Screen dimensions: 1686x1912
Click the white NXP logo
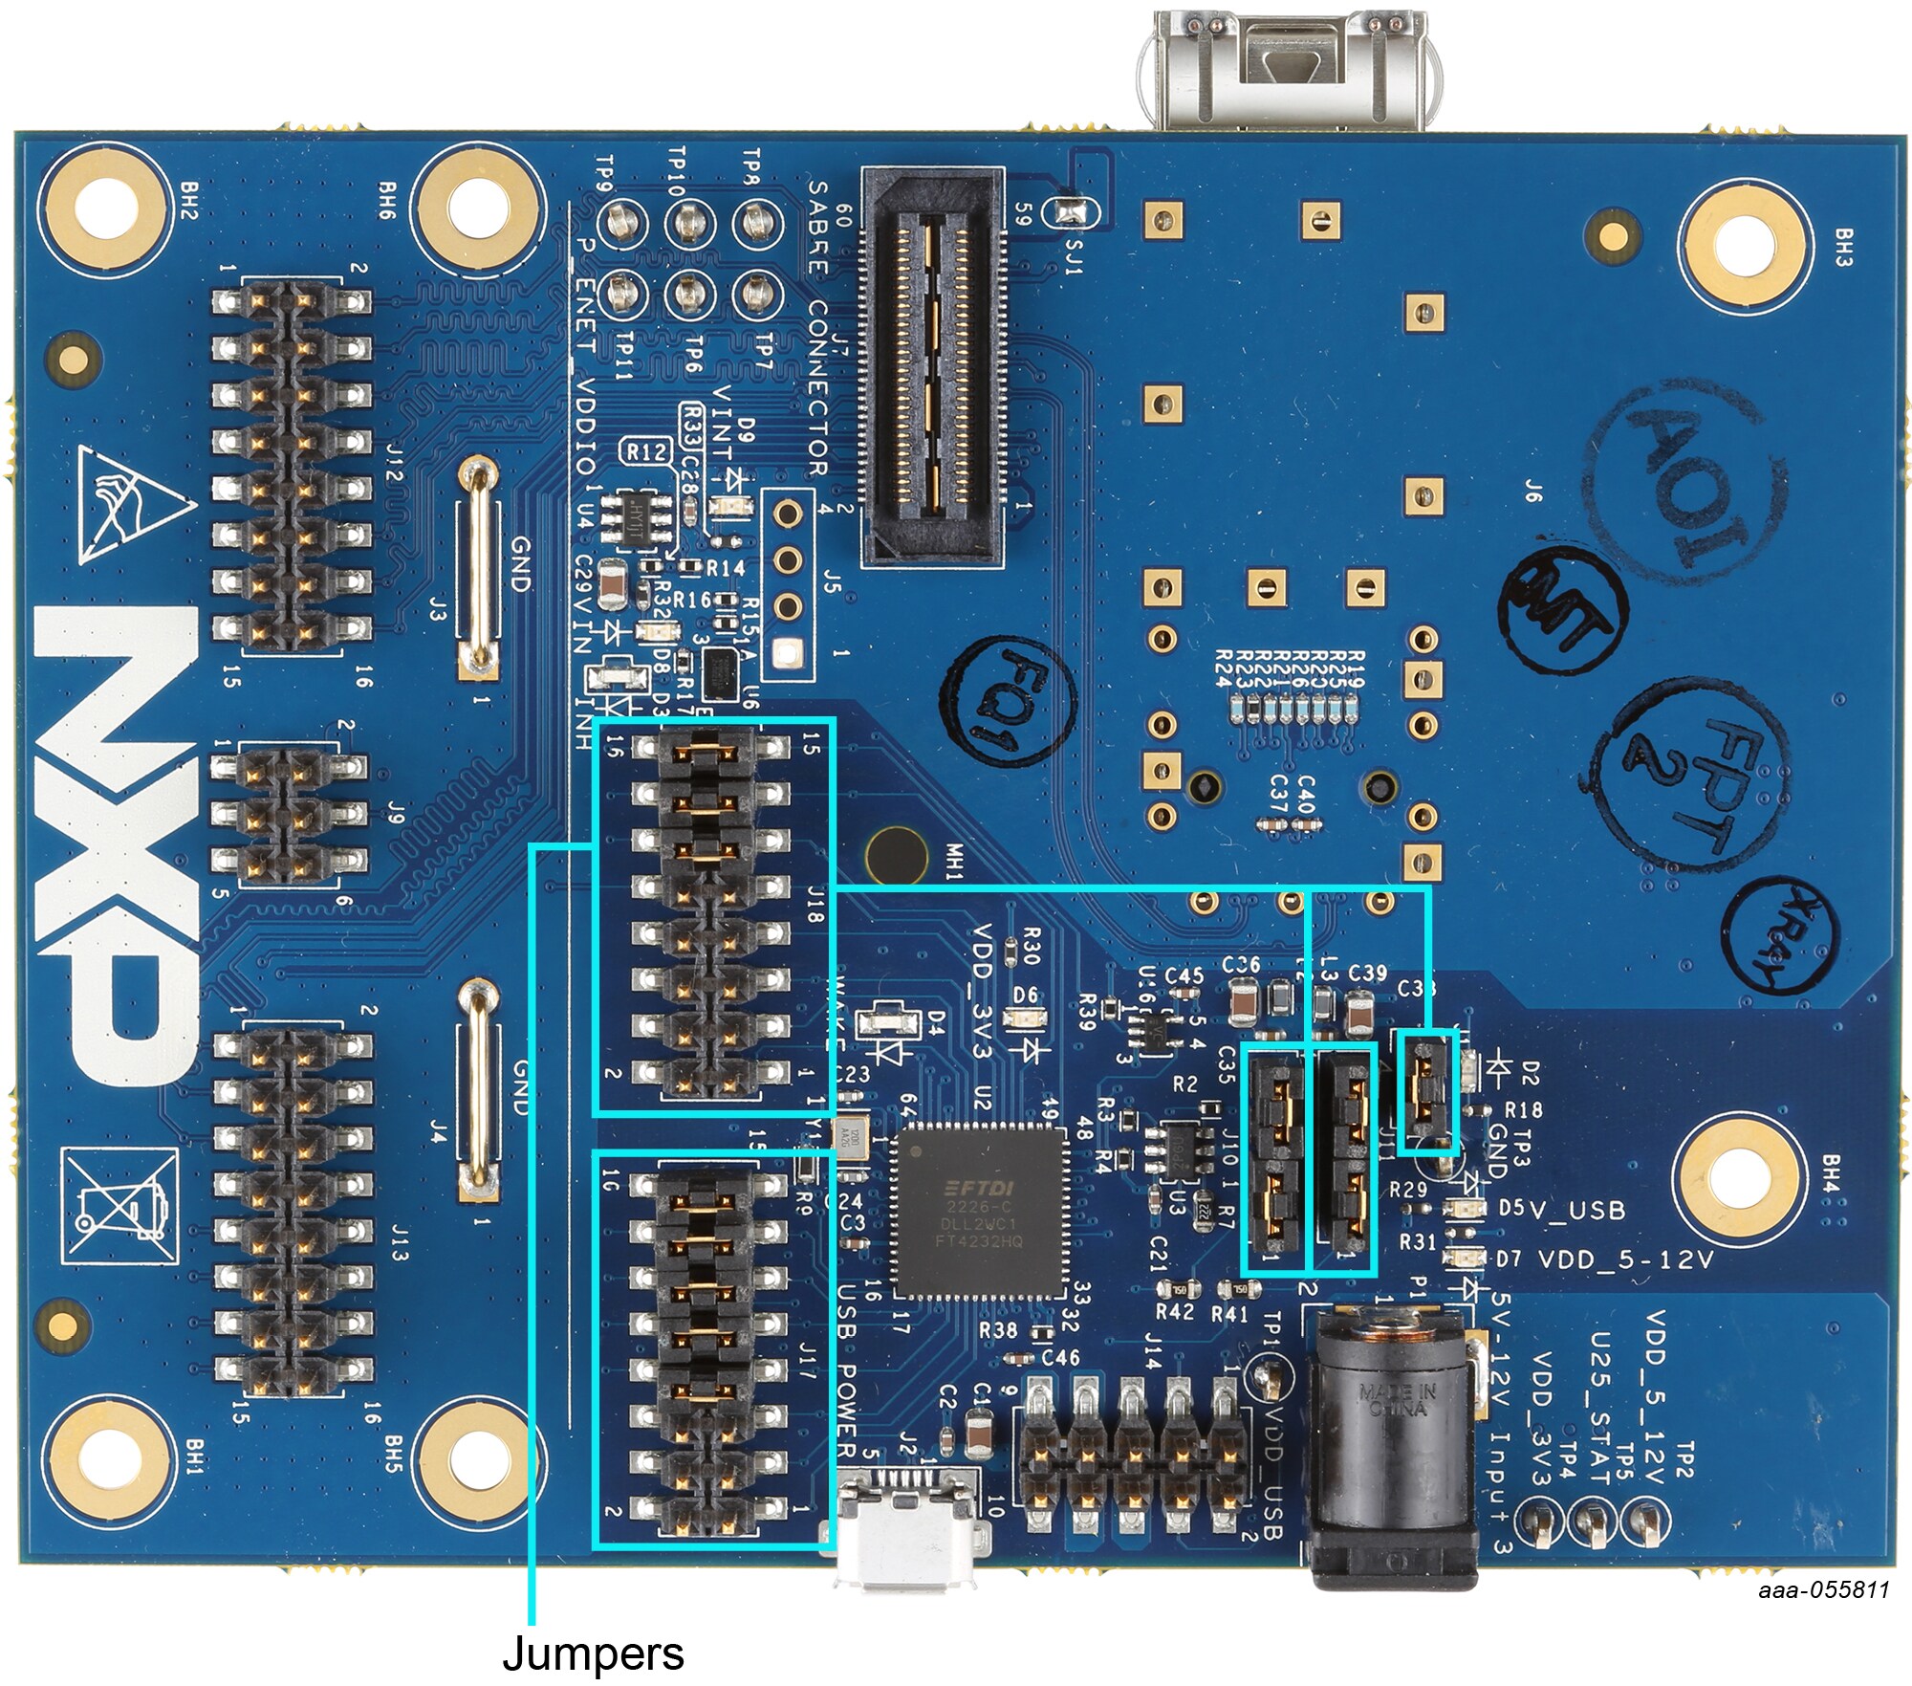click(x=115, y=842)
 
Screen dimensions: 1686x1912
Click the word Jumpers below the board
click(x=593, y=1653)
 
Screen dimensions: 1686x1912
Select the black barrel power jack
click(x=1391, y=1449)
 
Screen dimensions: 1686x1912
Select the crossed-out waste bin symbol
click(x=119, y=1205)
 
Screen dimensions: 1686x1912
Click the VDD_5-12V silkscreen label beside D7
click(x=1625, y=1260)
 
